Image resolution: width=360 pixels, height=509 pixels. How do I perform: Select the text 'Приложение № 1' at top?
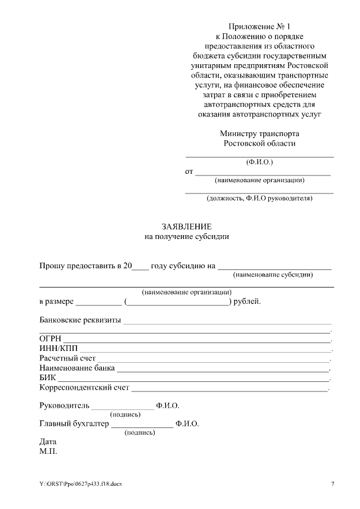click(x=259, y=26)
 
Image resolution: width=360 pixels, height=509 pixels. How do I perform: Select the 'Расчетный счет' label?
click(x=67, y=358)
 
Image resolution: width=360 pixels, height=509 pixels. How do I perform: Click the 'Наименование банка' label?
click(x=77, y=368)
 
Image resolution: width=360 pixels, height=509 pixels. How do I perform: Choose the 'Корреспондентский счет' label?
click(x=84, y=387)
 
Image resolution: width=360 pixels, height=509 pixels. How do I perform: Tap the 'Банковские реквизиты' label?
click(x=80, y=320)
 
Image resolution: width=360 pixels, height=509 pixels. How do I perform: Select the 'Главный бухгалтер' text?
click(x=73, y=424)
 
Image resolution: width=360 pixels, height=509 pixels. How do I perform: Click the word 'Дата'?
click(x=48, y=442)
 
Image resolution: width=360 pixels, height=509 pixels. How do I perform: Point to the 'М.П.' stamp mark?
click(x=48, y=452)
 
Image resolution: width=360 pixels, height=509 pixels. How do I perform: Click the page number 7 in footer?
click(x=332, y=484)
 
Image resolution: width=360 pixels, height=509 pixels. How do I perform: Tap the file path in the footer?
click(x=80, y=484)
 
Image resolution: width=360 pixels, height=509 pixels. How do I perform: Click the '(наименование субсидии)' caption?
click(x=273, y=274)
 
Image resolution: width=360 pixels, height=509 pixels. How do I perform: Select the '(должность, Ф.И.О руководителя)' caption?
click(x=259, y=198)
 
